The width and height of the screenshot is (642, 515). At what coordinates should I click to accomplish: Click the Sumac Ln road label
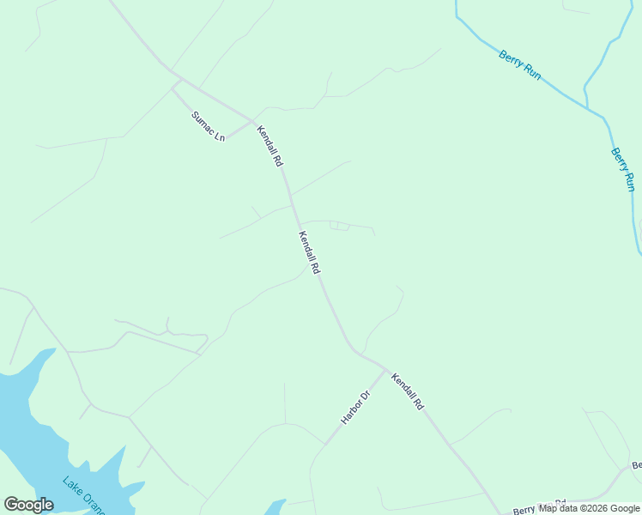(208, 126)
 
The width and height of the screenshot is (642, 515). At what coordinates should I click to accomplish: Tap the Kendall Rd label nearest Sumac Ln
(270, 145)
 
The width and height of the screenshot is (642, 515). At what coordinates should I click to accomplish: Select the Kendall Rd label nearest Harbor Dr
(407, 391)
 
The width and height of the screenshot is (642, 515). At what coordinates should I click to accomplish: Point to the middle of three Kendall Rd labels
(309, 252)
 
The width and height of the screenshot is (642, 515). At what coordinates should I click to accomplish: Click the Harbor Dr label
(354, 407)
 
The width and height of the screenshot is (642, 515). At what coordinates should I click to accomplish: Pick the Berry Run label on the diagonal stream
(520, 65)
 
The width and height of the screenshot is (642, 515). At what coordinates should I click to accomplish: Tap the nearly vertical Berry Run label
(623, 169)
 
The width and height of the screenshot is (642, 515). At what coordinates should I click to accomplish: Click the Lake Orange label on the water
(83, 495)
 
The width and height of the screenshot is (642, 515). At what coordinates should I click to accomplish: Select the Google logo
(28, 505)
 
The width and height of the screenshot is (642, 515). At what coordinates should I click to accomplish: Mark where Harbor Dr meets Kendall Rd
(385, 370)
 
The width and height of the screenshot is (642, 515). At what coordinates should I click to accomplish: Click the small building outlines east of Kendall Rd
(340, 226)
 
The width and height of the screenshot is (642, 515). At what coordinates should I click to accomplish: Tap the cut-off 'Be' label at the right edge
(636, 466)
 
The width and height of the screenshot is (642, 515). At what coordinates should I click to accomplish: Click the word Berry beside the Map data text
(524, 508)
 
